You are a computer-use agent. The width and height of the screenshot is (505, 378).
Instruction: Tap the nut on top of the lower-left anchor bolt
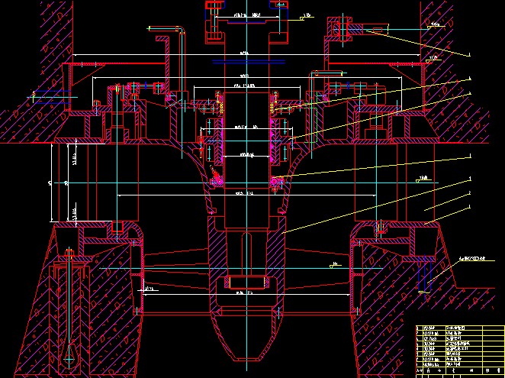tap(69, 251)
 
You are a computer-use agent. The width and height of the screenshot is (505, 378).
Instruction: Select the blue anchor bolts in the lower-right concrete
tap(426, 279)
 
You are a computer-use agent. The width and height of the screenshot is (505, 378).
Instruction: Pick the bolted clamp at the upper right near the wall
tap(340, 30)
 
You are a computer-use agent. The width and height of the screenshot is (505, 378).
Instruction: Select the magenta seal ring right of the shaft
tap(276, 182)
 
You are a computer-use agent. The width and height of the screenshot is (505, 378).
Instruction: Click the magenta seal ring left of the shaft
tap(216, 182)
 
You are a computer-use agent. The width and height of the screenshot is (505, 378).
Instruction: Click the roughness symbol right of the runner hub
tap(333, 266)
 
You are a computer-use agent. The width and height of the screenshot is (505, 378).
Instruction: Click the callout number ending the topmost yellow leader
tap(471, 53)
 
